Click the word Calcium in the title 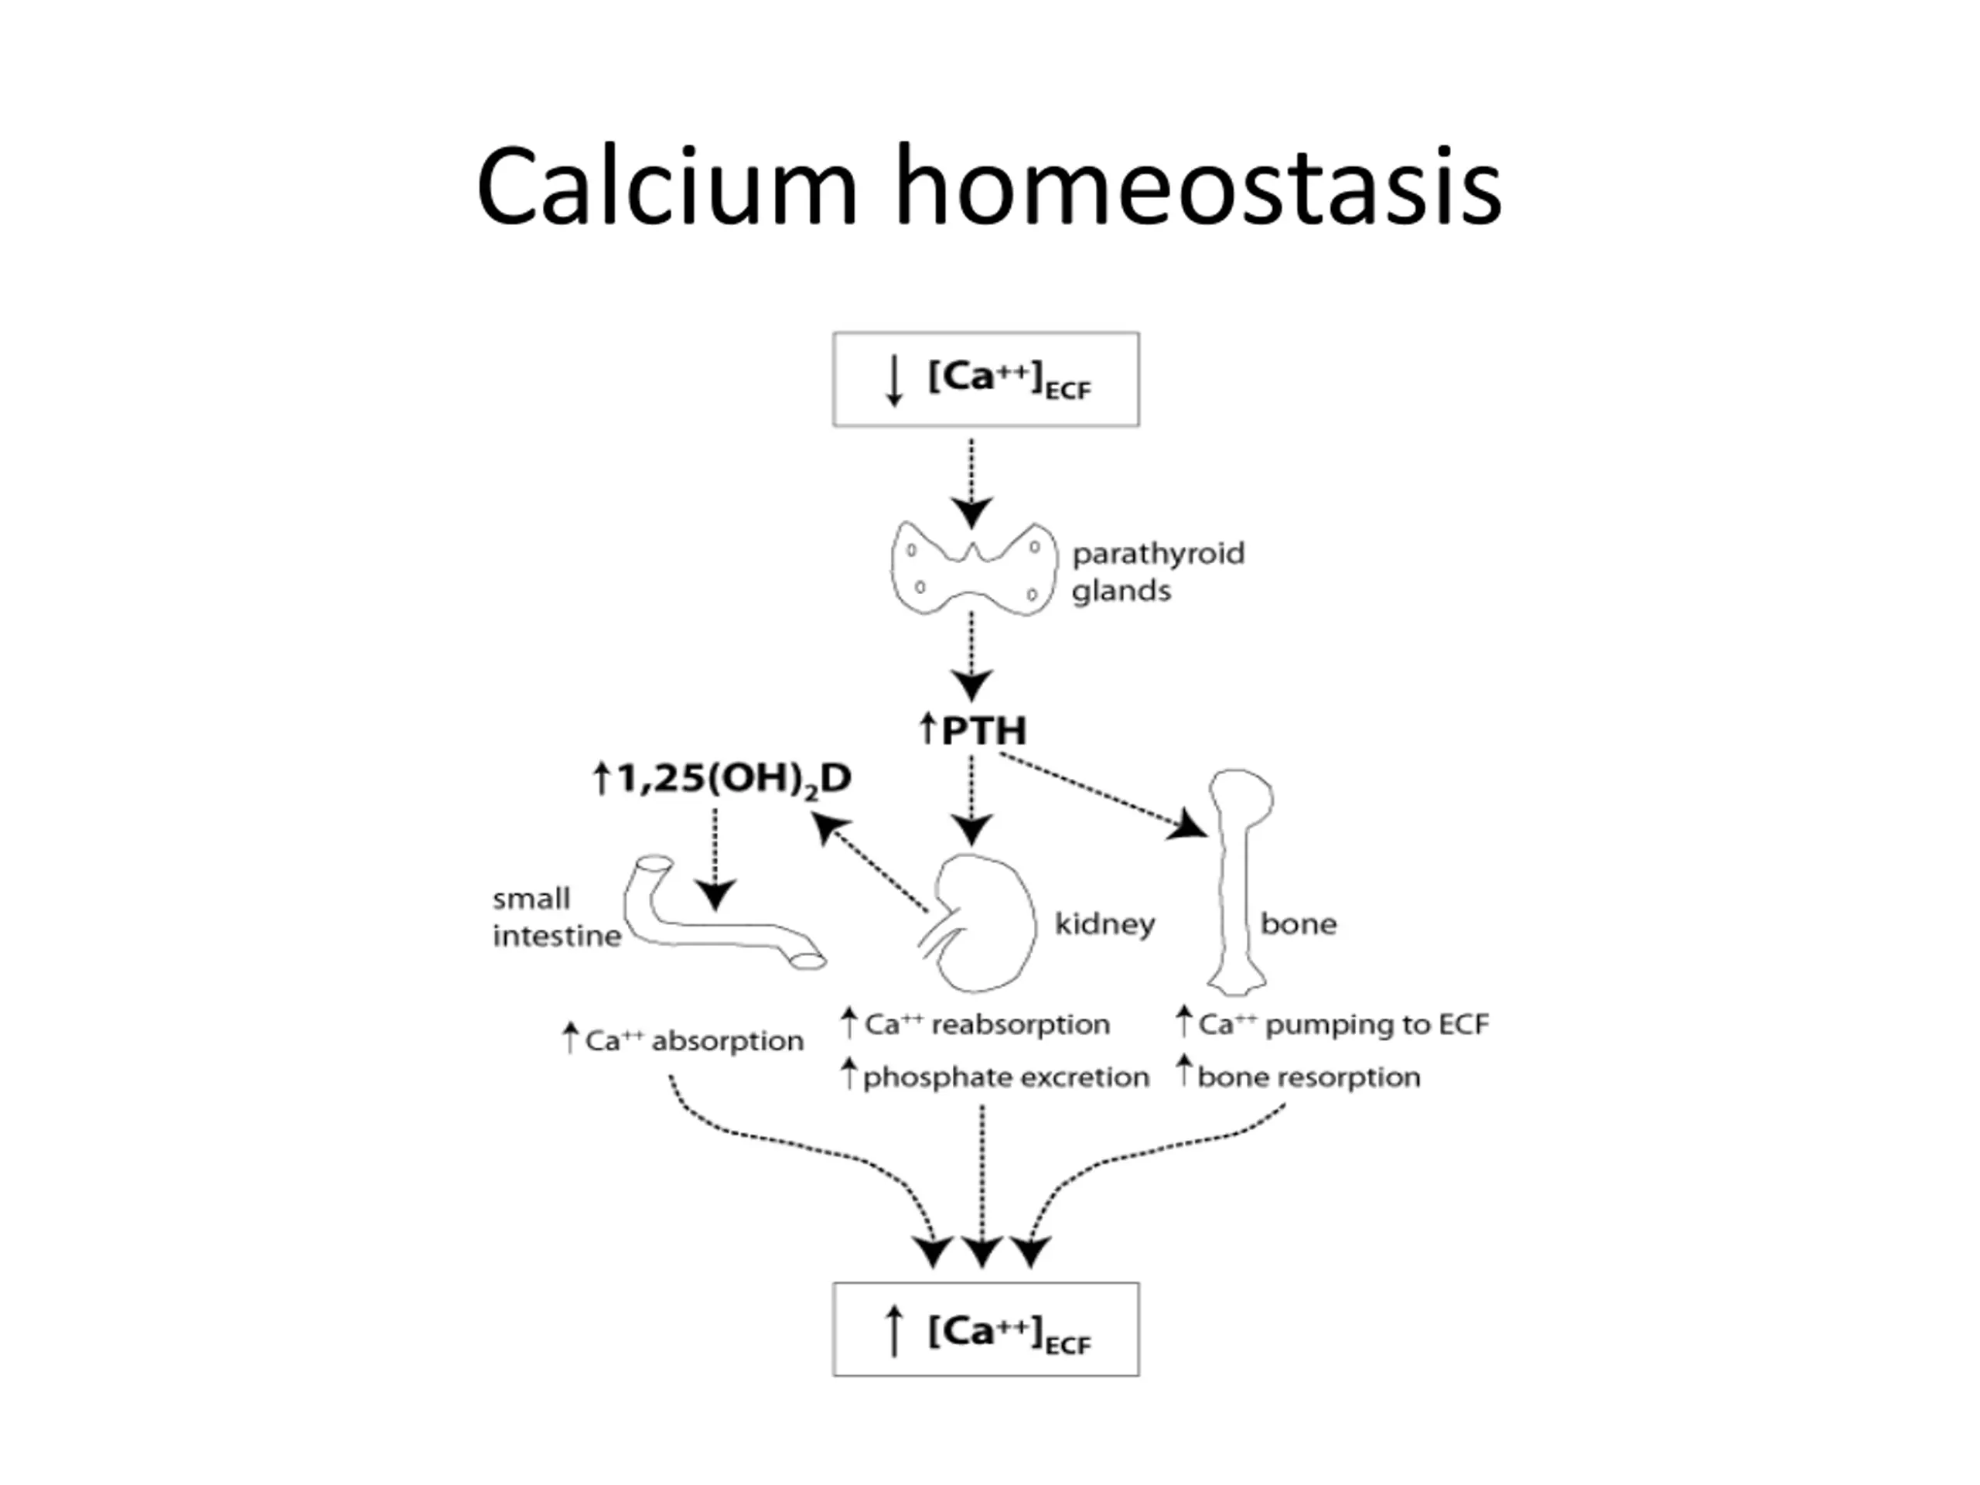click(667, 186)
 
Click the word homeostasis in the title click(1199, 186)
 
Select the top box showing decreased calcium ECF click(985, 380)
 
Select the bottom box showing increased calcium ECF click(985, 1330)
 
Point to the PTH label click(972, 730)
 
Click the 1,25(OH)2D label click(722, 779)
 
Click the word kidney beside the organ click(1104, 923)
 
